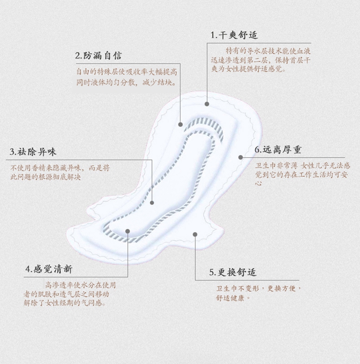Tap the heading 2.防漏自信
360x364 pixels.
98,56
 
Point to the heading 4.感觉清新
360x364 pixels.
49,269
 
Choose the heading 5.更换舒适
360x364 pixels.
233,272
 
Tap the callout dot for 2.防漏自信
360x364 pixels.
180,124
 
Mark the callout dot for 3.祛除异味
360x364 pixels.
152,203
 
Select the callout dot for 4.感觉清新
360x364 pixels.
128,231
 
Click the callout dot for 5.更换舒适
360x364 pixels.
195,234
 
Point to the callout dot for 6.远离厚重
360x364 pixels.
240,157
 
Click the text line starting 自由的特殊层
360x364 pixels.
127,72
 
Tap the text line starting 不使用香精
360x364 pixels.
60,168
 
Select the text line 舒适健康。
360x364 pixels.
233,298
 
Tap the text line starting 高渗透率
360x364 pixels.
80,284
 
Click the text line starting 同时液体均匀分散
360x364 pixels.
126,82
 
